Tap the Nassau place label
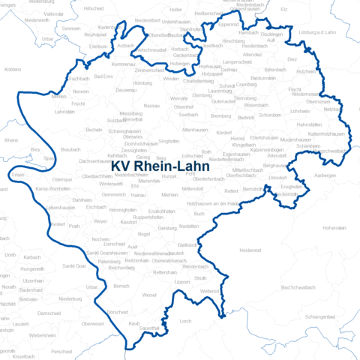[151, 107]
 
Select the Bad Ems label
[104, 76]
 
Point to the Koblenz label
[13, 69]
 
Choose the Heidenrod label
[250, 249]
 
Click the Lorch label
[186, 320]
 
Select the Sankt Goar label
[74, 265]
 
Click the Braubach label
[70, 149]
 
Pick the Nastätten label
[189, 226]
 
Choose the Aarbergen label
[324, 174]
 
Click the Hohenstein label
[333, 227]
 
